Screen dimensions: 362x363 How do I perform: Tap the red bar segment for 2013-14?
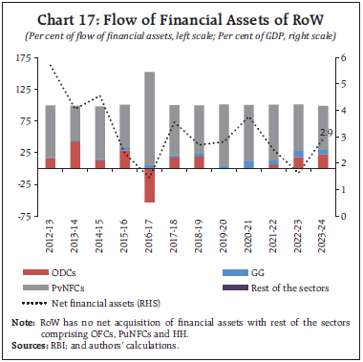click(75, 155)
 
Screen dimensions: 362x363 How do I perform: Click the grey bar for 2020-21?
click(248, 133)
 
